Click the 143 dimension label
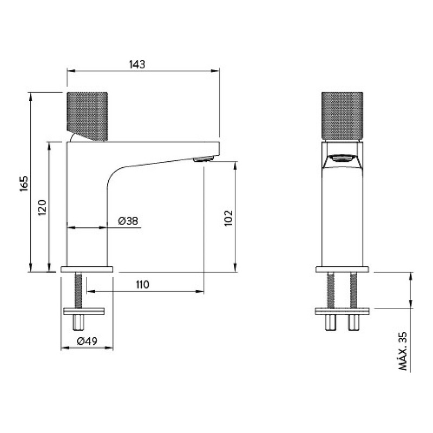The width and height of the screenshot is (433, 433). coord(137,64)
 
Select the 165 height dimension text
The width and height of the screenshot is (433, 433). coord(24,183)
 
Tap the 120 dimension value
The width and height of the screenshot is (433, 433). coord(42,207)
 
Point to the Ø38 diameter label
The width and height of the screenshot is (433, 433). coord(128,221)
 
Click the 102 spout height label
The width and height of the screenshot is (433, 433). coord(228,218)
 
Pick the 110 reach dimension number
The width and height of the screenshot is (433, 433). coord(142,285)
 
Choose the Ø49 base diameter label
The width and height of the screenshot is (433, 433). coord(87,342)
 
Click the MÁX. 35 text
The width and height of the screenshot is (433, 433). coord(403,351)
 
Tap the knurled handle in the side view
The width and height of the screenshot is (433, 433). coord(87,116)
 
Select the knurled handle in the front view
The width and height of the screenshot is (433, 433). coord(342,116)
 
